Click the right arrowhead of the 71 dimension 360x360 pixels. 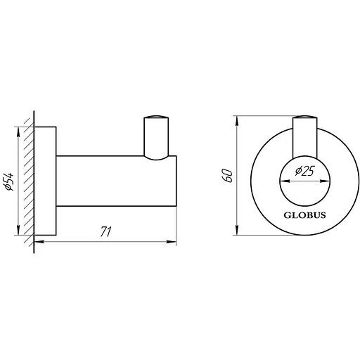172,241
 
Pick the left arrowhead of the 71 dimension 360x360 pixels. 37,241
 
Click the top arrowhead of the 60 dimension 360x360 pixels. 236,116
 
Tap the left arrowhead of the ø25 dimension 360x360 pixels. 282,181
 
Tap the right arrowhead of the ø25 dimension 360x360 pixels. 327,181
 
